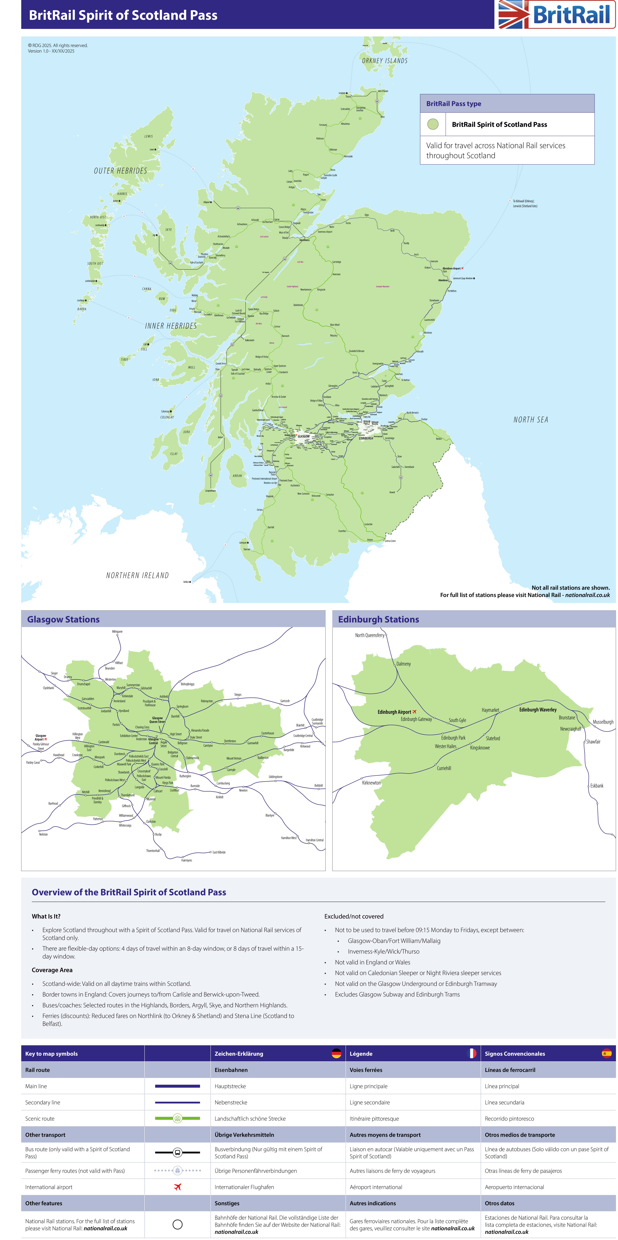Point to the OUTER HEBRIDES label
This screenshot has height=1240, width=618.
120,171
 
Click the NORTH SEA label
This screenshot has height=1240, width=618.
530,420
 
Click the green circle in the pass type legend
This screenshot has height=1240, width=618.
433,124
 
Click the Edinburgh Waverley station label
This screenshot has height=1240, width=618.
538,710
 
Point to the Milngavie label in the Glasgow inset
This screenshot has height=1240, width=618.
117,632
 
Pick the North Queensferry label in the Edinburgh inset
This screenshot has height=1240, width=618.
370,635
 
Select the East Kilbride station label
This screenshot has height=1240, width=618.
219,852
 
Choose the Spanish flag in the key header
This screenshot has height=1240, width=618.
606,1054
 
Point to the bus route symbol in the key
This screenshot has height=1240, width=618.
177,1152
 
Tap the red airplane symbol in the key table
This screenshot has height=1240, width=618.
177,1187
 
